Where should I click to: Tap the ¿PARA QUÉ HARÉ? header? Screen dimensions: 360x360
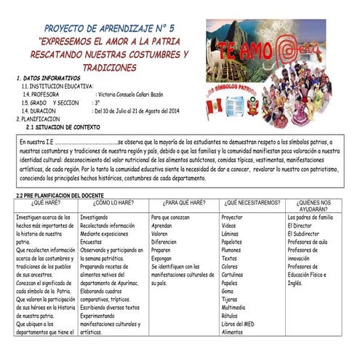tap(182, 203)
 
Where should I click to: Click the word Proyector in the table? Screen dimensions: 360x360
tap(233, 217)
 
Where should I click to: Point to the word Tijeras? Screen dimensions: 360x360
tap(231, 298)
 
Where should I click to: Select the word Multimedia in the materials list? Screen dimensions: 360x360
tap(234, 306)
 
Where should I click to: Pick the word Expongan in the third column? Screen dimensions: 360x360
tap(163, 257)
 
